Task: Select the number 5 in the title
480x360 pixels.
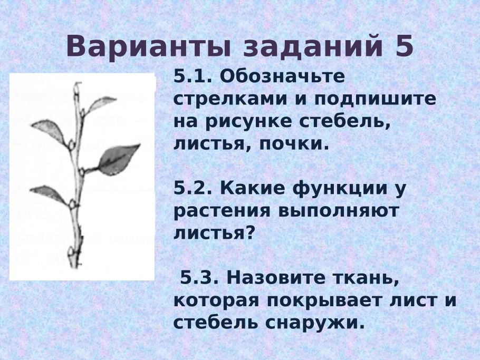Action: coord(404,47)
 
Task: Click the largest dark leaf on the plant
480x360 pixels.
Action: coord(118,158)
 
